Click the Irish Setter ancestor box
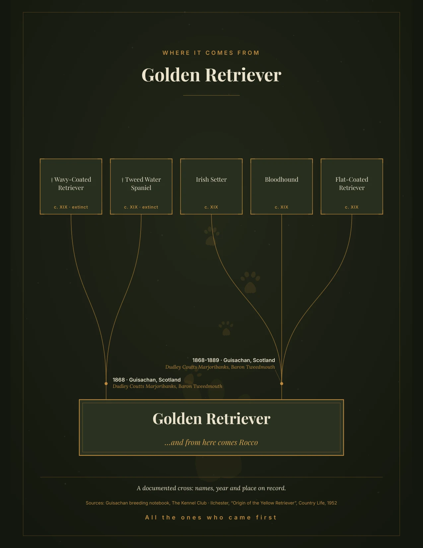pyautogui.click(x=211, y=186)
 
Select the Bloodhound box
pyautogui.click(x=281, y=186)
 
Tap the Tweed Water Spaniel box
pyautogui.click(x=141, y=186)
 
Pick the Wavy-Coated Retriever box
pyautogui.click(x=71, y=186)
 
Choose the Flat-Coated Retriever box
pyautogui.click(x=352, y=186)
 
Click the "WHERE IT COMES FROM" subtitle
pyautogui.click(x=211, y=53)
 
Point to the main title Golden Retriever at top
pyautogui.click(x=211, y=75)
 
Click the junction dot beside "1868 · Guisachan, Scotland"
pyautogui.click(x=106, y=384)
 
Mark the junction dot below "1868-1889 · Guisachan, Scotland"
pyautogui.click(x=282, y=384)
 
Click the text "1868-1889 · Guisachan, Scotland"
pyautogui.click(x=234, y=360)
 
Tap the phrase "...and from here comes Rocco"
pyautogui.click(x=211, y=442)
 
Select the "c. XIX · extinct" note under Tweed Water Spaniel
pyautogui.click(x=141, y=207)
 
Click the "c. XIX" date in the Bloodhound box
pyautogui.click(x=281, y=207)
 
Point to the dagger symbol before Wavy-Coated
pyautogui.click(x=52, y=180)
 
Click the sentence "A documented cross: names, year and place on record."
pyautogui.click(x=211, y=488)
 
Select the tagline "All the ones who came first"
pyautogui.click(x=211, y=517)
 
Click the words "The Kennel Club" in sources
pyautogui.click(x=189, y=503)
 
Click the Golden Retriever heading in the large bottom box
pyautogui.click(x=211, y=418)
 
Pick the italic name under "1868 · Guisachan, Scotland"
pyautogui.click(x=168, y=386)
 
